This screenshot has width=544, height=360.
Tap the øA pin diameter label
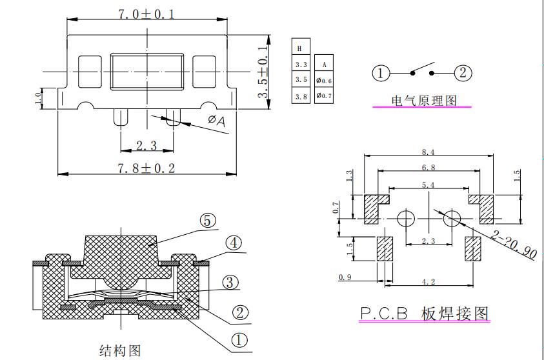coord(217,121)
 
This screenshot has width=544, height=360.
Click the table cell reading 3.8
coord(301,96)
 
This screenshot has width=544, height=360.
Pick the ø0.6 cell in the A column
coord(324,80)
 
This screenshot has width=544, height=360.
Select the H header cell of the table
coord(300,48)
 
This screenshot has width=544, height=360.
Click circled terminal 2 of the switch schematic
coord(463,73)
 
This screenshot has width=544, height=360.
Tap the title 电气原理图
coord(424,101)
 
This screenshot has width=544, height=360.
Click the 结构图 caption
coord(119,351)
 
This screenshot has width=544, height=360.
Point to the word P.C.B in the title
coord(383,314)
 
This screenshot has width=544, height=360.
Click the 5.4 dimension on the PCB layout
coord(428,185)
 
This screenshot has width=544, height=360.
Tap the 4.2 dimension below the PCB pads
coord(428,281)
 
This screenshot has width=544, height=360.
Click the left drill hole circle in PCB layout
coord(405,218)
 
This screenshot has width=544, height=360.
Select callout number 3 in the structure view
coord(230,282)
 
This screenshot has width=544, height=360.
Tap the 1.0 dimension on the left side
coord(37,97)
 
